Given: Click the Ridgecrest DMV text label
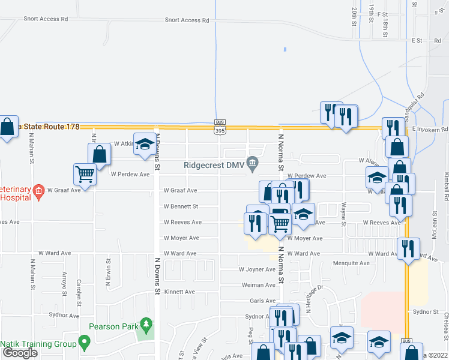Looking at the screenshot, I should (215, 164).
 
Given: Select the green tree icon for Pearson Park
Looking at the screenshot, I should (145, 325).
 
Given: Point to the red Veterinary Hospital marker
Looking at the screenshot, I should (39, 191).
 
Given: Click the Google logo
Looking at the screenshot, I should (20, 353).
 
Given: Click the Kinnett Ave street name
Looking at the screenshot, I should (180, 292).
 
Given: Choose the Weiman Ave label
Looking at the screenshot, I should (258, 285).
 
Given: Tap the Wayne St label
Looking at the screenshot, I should (344, 214).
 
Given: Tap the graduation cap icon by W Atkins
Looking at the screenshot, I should (144, 144).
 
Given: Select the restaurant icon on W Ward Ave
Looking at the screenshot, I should (409, 248).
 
